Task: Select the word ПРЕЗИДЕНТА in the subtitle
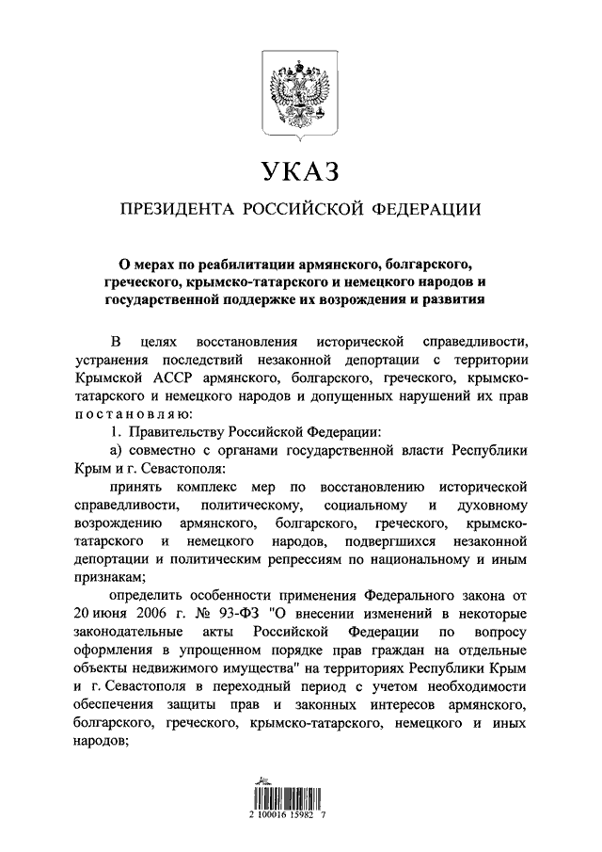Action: point(173,208)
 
